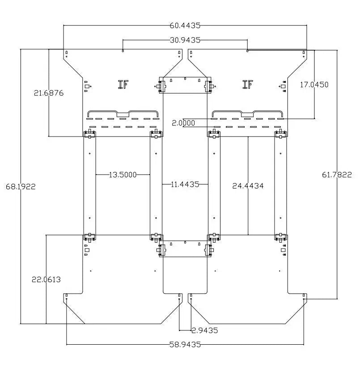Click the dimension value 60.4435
tap(185, 26)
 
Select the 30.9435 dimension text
tap(185, 40)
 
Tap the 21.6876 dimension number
tap(49, 93)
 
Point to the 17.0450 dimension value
tap(314, 85)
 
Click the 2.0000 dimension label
tap(183, 123)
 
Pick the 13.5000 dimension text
tap(123, 175)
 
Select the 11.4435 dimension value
tap(185, 184)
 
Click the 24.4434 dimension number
tap(248, 186)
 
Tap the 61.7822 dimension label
tap(337, 175)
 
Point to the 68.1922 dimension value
tap(21, 187)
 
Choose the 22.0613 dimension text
tap(46, 279)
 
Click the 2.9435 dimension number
tap(204, 330)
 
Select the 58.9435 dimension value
tap(185, 345)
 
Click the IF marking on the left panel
tap(123, 85)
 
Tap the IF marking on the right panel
tap(248, 85)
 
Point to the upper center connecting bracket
tap(185, 85)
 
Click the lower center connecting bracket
tap(185, 249)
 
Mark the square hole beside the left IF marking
tap(87, 86)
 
